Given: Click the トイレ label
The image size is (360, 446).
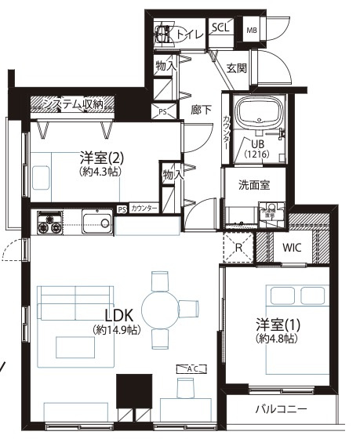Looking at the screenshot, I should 191,34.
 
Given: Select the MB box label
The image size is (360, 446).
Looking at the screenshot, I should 252,31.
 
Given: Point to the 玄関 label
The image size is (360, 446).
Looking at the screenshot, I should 237,68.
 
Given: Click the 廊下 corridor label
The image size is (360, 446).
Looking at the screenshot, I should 201,111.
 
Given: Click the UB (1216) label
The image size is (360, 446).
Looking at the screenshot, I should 257,149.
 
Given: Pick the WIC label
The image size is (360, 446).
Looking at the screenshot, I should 292,248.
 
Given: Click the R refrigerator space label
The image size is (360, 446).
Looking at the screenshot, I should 239,248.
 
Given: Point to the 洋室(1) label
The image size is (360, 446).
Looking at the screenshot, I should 278,324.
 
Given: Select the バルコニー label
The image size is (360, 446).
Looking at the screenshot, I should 280,409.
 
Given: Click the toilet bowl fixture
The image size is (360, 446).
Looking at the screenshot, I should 163,35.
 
